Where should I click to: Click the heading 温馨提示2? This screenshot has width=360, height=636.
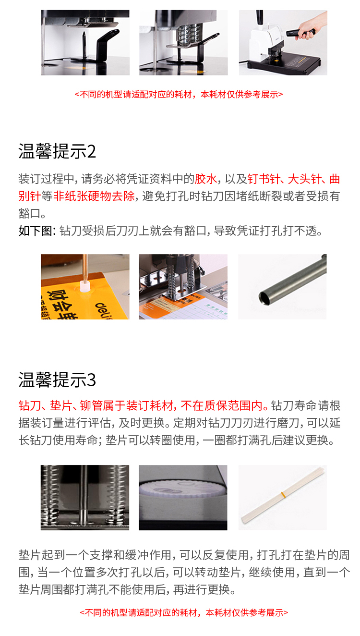[57, 151]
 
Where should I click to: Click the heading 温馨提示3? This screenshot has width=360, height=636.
[57, 380]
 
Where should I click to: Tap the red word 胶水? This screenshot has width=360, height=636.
[205, 179]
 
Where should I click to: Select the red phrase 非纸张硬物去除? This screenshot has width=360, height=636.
[94, 196]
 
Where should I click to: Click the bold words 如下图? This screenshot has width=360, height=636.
[35, 231]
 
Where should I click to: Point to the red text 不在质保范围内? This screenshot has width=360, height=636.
[221, 405]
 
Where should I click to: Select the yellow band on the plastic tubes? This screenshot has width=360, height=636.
[283, 495]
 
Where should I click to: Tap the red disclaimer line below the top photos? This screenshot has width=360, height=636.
[179, 94]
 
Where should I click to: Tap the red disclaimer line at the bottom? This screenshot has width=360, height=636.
[184, 613]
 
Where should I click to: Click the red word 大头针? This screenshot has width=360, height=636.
[305, 179]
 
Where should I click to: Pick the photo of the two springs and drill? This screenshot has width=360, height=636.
[85, 498]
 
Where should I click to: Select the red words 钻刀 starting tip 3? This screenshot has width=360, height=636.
[30, 405]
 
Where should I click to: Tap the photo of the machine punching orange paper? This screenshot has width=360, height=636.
[183, 287]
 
